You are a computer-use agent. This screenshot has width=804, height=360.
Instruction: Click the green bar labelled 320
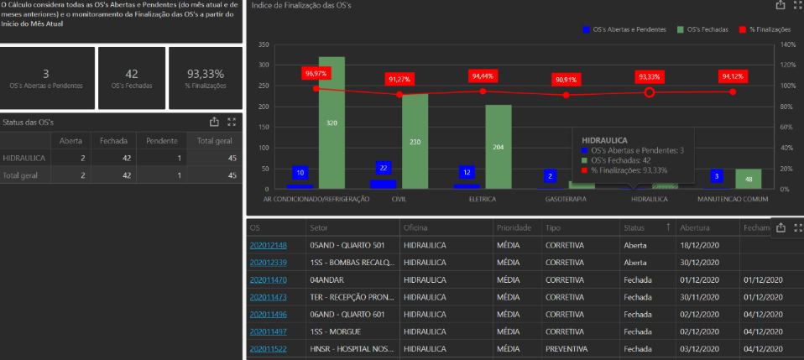pyautogui.click(x=332, y=123)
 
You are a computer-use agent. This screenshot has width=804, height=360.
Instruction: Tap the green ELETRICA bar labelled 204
pyautogui.click(x=499, y=147)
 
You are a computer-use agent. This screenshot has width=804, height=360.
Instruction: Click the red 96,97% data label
pyautogui.click(x=316, y=74)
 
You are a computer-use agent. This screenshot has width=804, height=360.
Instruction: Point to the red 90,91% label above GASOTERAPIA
pyautogui.click(x=566, y=80)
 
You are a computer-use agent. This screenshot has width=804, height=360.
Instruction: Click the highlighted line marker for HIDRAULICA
pyautogui.click(x=649, y=92)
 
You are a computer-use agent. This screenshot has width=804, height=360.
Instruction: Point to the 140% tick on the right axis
pyautogui.click(x=786, y=44)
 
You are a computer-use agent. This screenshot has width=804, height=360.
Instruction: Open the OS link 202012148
pyautogui.click(x=268, y=245)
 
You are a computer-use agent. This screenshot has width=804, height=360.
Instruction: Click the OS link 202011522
pyautogui.click(x=268, y=348)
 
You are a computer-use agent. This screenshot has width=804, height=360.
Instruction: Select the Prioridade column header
pyautogui.click(x=514, y=227)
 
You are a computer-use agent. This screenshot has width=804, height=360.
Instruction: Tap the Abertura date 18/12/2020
pyautogui.click(x=699, y=245)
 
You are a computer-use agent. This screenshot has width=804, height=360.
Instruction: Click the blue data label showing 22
pyautogui.click(x=384, y=168)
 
